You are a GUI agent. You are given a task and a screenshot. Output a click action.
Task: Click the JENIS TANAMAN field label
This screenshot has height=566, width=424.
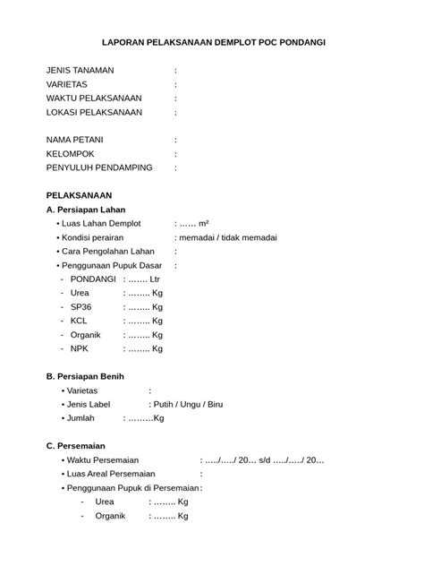click(x=79, y=70)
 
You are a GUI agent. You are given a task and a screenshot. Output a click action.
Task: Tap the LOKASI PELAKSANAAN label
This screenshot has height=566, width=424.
click(x=94, y=113)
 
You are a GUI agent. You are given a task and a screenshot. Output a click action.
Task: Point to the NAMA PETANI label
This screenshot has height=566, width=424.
click(x=76, y=140)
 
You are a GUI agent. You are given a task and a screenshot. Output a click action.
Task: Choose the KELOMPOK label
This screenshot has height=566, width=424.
click(x=70, y=154)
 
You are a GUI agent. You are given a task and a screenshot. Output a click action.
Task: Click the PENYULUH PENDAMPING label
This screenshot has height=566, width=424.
click(x=98, y=167)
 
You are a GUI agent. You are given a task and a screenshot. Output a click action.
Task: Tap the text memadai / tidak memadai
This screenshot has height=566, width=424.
click(x=227, y=237)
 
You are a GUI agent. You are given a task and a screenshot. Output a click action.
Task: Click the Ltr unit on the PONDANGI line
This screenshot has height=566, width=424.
click(x=155, y=279)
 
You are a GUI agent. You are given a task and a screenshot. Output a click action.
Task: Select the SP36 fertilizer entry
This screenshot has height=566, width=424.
click(x=81, y=306)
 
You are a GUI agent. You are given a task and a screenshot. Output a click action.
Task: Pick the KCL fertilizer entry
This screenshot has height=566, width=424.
click(x=80, y=321)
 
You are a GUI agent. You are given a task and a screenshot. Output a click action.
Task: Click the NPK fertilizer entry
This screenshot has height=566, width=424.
click(x=81, y=348)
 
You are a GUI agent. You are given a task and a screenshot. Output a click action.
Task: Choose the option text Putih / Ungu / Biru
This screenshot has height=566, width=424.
click(x=188, y=404)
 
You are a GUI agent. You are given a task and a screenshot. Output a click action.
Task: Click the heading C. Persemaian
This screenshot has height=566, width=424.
click(x=75, y=445)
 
